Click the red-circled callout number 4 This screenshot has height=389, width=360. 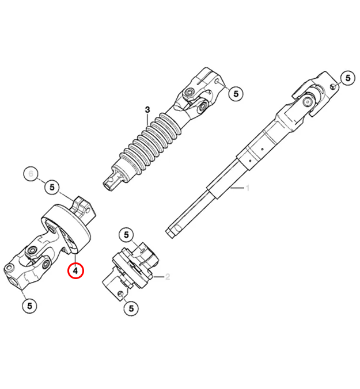[75, 269]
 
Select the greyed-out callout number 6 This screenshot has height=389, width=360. [32, 172]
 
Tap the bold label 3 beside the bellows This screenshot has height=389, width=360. [147, 109]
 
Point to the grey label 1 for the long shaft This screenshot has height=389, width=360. [248, 188]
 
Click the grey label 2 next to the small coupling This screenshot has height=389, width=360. [168, 277]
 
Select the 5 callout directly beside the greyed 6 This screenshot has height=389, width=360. [52, 187]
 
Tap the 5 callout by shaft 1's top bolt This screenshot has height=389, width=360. [347, 78]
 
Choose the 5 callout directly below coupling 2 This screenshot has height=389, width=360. [131, 308]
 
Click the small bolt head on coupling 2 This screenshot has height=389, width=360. [119, 294]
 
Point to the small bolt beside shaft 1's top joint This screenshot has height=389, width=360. [333, 86]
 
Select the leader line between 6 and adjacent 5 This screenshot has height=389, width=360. [41, 180]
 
